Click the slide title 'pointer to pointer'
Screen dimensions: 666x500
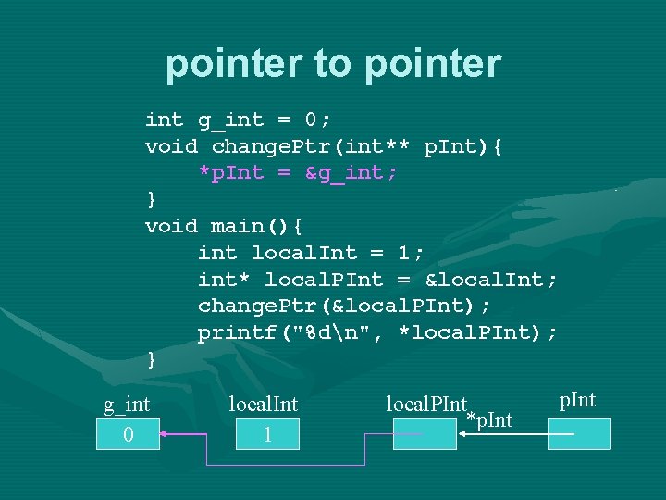pyautogui.click(x=333, y=64)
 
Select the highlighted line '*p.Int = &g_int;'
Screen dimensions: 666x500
pyautogui.click(x=298, y=173)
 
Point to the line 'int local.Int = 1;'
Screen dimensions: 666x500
pyautogui.click(x=311, y=253)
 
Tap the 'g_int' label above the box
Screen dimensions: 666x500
pyautogui.click(x=127, y=404)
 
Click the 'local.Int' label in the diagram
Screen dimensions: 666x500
pyautogui.click(x=264, y=404)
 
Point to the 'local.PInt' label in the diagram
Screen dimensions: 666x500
pyautogui.click(x=426, y=404)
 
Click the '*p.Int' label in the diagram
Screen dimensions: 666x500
pyautogui.click(x=490, y=420)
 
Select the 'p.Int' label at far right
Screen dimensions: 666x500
pyautogui.click(x=578, y=400)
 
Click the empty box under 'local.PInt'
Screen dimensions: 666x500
pyautogui.click(x=425, y=434)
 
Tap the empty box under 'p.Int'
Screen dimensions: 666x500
pyautogui.click(x=579, y=434)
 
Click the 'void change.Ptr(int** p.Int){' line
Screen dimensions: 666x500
pyautogui.click(x=324, y=146)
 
